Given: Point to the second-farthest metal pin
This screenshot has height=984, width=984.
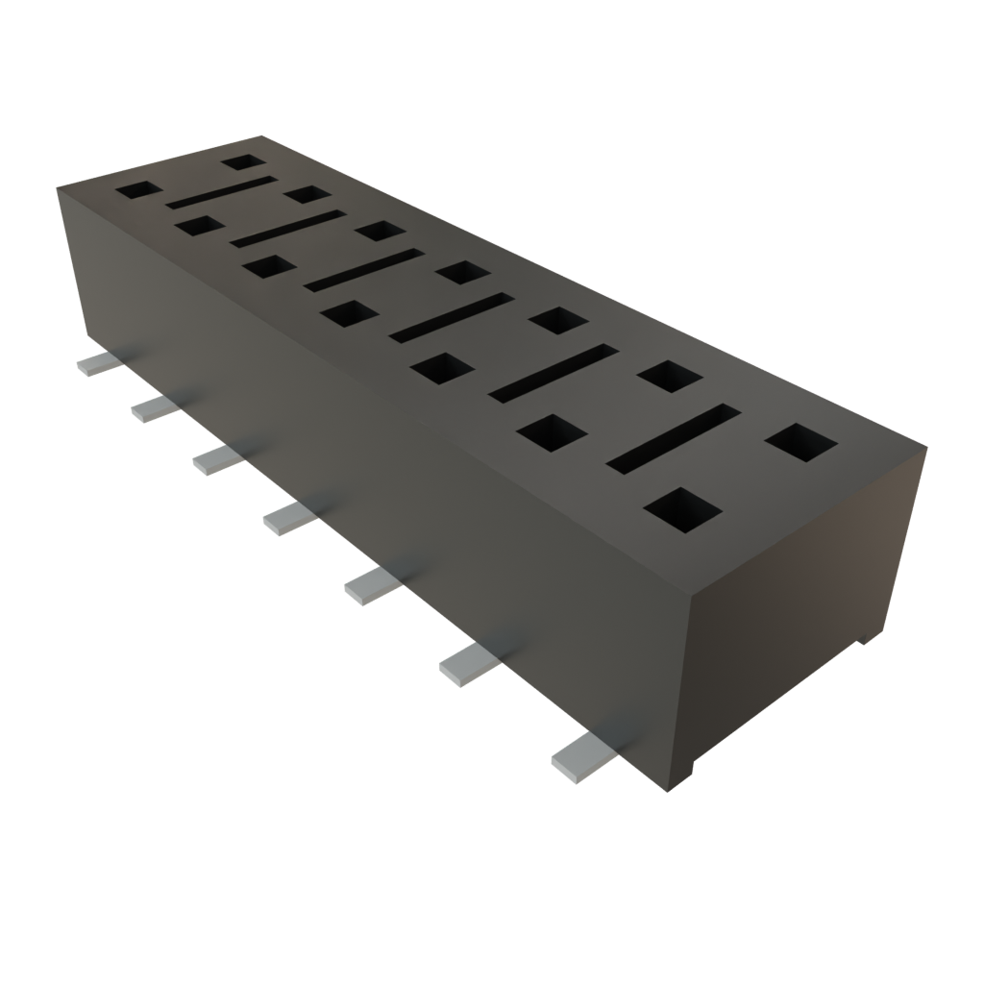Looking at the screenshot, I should pos(155,408).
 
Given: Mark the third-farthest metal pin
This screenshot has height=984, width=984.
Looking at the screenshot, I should pos(218,459).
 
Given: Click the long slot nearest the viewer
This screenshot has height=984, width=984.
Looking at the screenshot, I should pos(673,438).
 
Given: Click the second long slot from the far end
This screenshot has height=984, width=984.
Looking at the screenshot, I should pos(286,227).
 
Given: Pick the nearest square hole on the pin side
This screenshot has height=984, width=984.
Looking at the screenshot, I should pos(683,510).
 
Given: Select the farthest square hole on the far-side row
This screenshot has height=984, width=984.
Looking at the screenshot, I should pos(243,161).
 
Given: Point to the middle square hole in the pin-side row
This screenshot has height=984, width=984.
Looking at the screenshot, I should pos(349,313).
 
